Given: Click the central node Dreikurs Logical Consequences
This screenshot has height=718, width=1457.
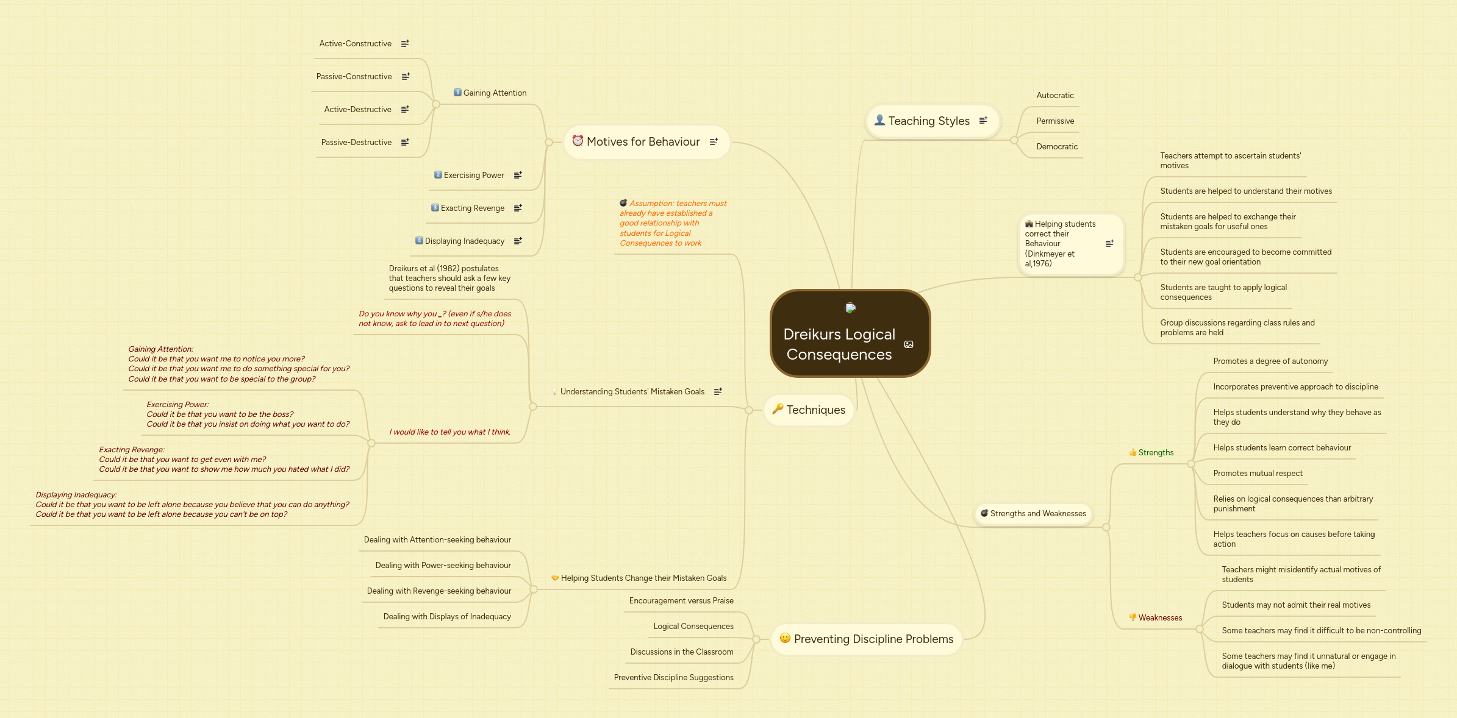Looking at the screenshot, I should pos(839,344).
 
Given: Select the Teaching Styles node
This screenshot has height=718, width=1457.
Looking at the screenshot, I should pos(928,121).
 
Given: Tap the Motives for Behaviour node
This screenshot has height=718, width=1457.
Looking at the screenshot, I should pos(643,142).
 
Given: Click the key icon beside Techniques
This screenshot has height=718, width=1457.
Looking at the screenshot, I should pos(778,409).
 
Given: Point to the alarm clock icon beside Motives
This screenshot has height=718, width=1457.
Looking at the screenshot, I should pos(578,141).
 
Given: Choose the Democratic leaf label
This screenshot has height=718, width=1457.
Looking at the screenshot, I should pos(1057,147).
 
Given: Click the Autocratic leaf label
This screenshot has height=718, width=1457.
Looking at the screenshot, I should pos(1055,96).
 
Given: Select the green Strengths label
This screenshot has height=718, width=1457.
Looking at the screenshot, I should pos(1156,453).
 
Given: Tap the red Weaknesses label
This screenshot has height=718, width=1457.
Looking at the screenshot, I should pos(1160,618).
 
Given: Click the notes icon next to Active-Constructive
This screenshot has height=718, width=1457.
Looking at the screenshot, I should pos(405,44).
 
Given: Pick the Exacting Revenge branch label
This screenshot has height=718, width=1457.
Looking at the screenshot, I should pos(473,208).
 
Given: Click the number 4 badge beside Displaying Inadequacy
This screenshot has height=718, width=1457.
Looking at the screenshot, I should pos(419,241).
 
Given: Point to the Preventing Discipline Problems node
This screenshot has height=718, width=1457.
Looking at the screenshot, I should pos(873,639).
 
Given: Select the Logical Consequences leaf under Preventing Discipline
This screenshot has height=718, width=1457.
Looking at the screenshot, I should pos(693,627).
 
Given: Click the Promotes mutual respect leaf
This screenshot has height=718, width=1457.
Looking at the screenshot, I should pos(1258,474).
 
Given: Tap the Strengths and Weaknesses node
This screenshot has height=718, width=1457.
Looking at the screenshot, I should pos(1038,514).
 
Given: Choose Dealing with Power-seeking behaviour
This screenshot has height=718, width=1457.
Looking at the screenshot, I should pos(443,566).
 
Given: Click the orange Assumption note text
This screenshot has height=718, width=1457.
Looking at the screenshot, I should pos(671,224).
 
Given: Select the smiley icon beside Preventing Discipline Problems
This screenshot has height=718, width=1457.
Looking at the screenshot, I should pos(785,638).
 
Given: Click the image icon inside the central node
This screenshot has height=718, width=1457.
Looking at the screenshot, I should pos(909,344).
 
